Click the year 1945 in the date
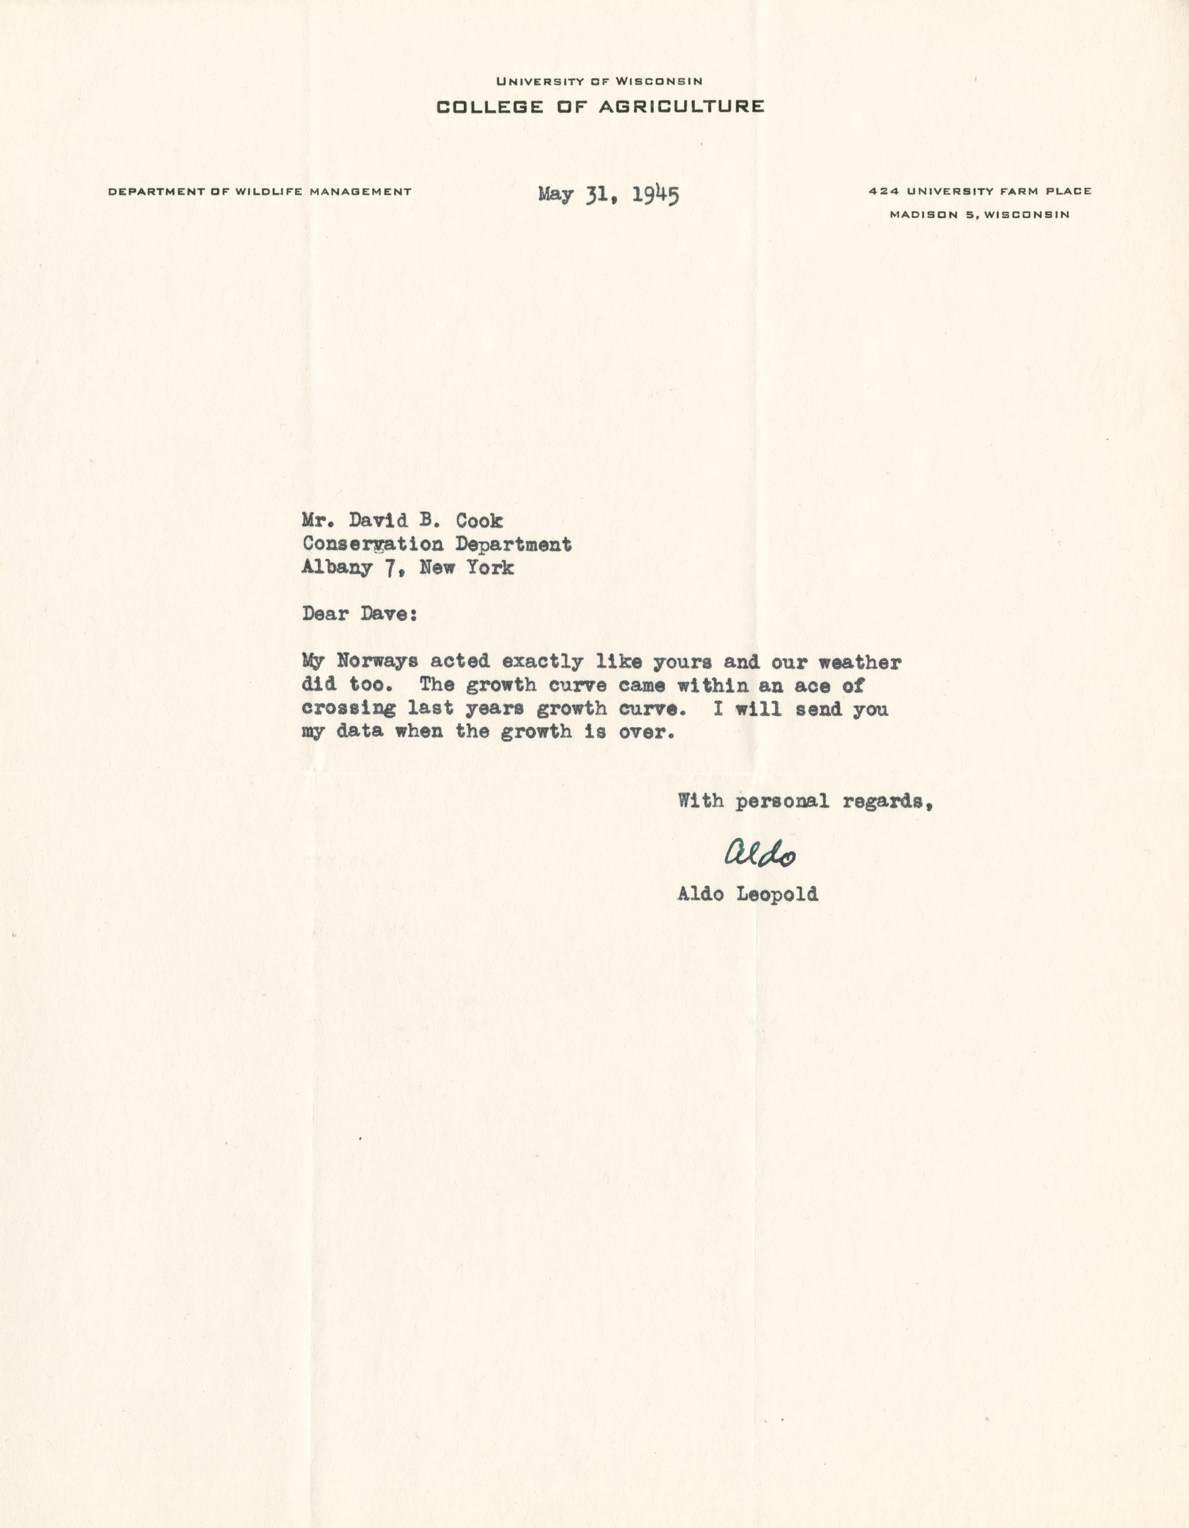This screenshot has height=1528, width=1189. (655, 194)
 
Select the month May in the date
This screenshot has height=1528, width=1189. (556, 194)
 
